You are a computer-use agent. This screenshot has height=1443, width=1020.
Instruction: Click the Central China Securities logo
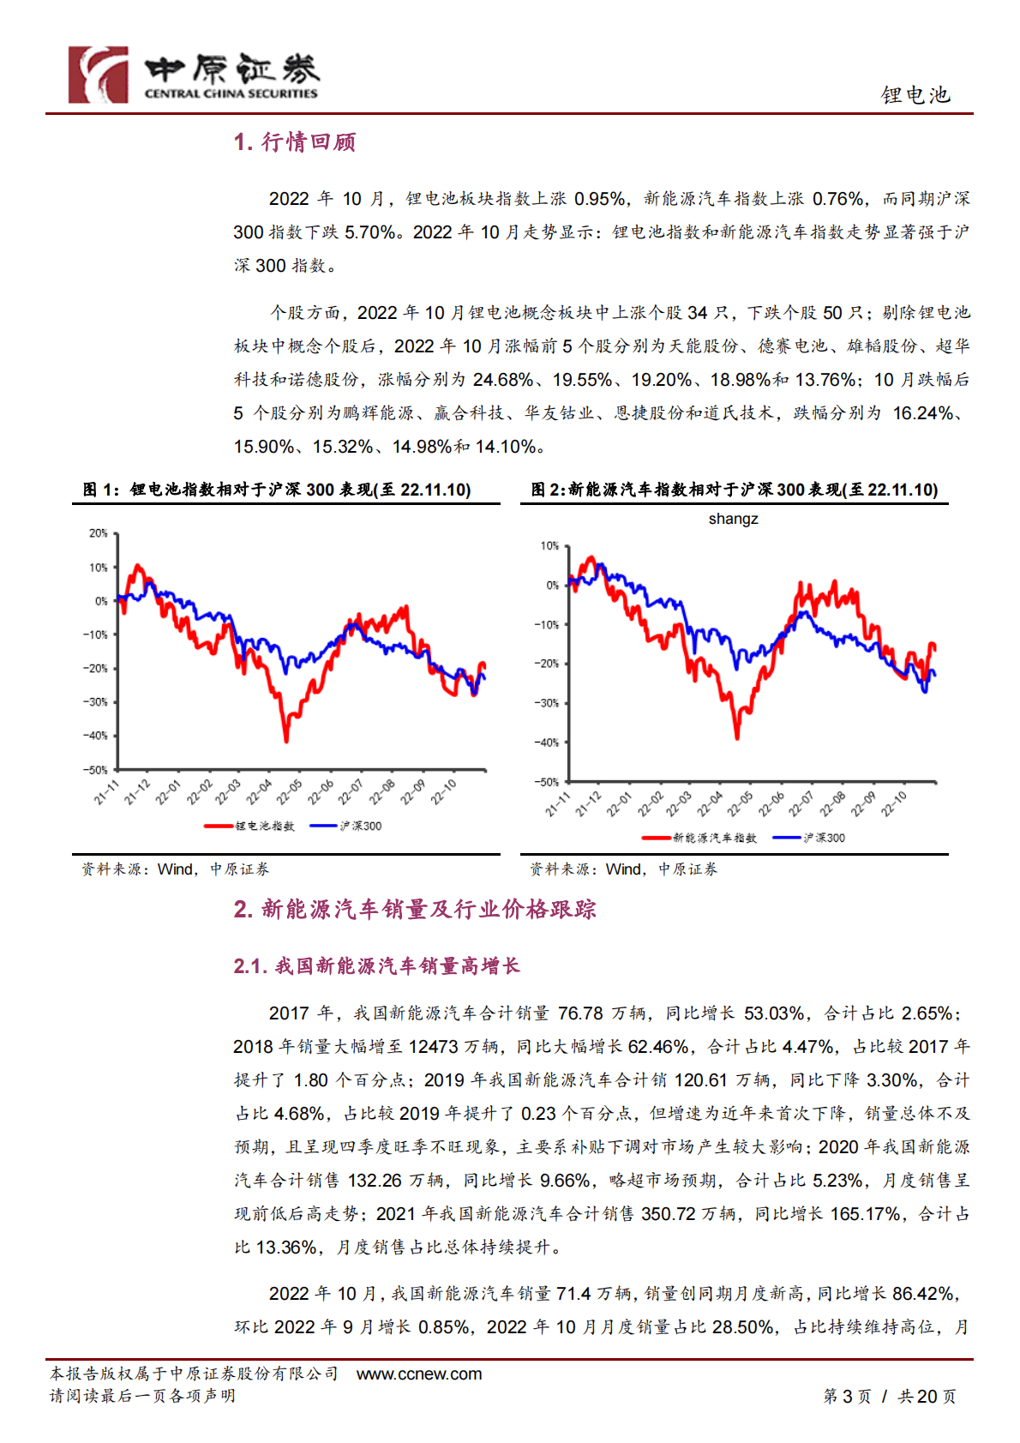coord(193,75)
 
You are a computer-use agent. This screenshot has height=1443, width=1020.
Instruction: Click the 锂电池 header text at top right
coord(915,95)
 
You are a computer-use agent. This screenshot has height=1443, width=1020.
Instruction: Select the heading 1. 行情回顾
coord(295,142)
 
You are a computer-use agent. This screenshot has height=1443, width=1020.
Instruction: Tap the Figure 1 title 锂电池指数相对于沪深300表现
coord(277,490)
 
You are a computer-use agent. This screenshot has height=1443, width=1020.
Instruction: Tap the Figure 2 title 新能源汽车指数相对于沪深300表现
coord(735,490)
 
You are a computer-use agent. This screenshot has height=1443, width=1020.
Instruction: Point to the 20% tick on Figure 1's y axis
coord(99,533)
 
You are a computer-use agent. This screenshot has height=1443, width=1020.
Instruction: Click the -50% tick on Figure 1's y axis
coord(96,770)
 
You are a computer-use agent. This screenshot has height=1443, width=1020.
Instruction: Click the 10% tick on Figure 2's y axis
coord(549,546)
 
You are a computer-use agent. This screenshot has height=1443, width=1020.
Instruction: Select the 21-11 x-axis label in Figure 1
coord(106,792)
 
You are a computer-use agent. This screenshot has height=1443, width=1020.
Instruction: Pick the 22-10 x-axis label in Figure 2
coord(893,804)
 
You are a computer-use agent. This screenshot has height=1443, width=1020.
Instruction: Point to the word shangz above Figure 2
coord(733,519)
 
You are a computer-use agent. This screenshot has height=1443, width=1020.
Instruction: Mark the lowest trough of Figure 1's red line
coord(286,739)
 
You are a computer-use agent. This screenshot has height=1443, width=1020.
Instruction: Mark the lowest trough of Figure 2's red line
coord(736,737)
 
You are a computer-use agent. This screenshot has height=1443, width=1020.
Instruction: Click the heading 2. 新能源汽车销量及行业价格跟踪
coord(415,910)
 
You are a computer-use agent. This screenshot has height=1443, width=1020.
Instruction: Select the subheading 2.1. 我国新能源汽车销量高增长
coord(377,966)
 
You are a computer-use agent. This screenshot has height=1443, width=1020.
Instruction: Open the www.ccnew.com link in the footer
coord(419,1374)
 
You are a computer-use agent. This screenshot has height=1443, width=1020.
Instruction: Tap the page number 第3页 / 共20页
coord(890,1397)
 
